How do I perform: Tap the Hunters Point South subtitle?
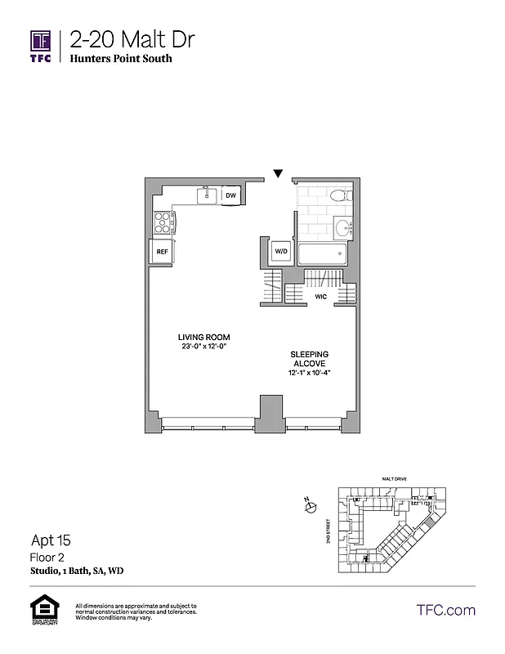tap(121, 59)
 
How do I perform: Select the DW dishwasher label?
tap(231, 195)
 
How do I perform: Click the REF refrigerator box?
tap(162, 253)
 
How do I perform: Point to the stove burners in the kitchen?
tap(164, 220)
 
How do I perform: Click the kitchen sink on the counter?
tap(208, 195)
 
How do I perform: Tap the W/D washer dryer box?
tap(280, 251)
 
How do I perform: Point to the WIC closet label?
tap(320, 297)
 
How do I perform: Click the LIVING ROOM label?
tap(204, 337)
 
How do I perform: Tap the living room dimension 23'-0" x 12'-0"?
tap(204, 347)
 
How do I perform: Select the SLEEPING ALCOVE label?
tap(309, 359)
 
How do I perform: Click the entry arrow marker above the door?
tap(278, 173)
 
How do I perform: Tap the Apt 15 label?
tap(51, 540)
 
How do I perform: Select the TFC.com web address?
tap(446, 610)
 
